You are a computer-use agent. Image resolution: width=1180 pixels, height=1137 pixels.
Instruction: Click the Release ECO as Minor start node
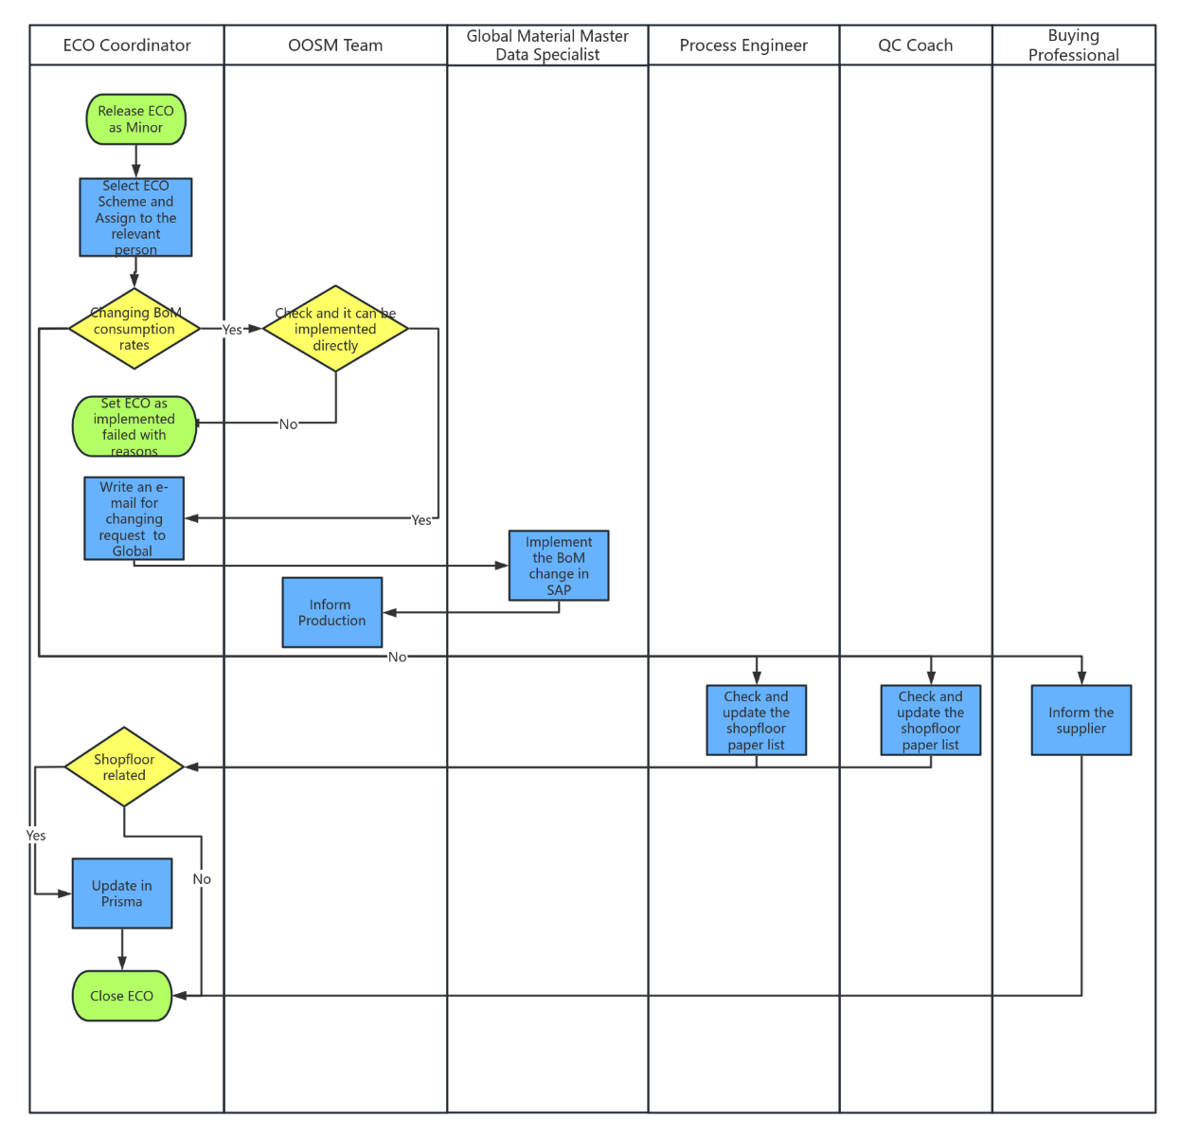point(135,119)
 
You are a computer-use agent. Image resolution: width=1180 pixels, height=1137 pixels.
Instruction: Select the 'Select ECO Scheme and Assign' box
point(135,218)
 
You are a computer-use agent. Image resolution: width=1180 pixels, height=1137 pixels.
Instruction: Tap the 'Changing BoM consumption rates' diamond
point(134,329)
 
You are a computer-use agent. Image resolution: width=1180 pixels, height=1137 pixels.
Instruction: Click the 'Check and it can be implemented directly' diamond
point(335,329)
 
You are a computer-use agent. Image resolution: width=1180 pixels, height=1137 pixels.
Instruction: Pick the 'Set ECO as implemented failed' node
point(134,426)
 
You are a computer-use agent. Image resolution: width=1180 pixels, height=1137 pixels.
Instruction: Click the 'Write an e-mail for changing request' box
point(134,518)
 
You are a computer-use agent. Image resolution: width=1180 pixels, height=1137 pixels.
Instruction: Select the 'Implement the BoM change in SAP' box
point(559,566)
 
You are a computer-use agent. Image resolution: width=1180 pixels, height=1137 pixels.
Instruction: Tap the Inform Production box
point(331,612)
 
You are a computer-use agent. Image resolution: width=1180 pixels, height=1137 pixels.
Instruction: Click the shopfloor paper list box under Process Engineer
point(756,720)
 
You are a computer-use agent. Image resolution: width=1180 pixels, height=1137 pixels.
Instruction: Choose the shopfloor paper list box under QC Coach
point(930,720)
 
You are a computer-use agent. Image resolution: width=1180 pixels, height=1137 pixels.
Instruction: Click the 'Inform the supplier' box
point(1081,720)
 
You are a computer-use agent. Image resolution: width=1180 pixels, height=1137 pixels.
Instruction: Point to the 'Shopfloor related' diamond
point(124,767)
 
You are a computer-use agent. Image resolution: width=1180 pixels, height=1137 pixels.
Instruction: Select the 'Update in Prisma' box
point(122,893)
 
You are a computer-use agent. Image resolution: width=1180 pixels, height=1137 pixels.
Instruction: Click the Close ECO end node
point(122,996)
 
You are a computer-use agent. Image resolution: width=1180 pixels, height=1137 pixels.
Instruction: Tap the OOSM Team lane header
point(335,45)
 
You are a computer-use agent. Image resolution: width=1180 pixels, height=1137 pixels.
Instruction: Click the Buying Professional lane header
point(1073,45)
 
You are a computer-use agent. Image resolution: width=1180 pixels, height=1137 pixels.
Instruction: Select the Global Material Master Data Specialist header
point(547,45)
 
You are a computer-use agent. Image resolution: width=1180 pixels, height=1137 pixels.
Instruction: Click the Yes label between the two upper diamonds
point(232,330)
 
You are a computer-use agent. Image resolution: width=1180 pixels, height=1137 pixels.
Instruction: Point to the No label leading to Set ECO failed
point(288,424)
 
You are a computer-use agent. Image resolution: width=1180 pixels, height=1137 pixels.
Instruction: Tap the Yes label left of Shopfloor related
point(36,836)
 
